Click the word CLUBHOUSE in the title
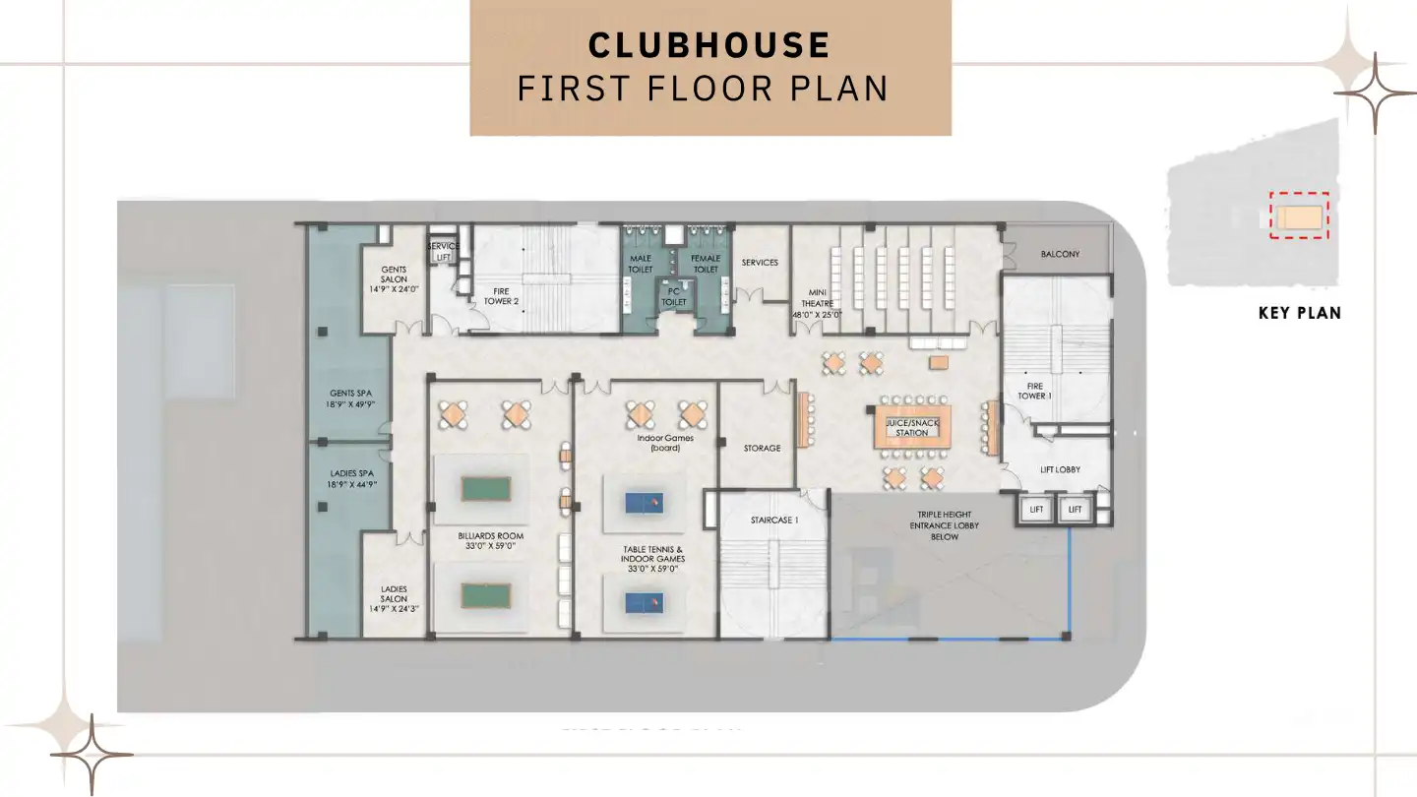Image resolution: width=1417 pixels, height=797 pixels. pos(708,45)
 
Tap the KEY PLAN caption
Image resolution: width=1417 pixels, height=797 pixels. pos(1299,314)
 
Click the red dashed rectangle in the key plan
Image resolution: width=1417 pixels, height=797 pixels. pos(1299,215)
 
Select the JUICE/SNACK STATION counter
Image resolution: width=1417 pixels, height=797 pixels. pos(912,427)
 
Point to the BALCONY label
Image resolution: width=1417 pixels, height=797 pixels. pos(1060,254)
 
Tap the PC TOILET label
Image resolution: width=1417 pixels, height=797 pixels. pos(674,296)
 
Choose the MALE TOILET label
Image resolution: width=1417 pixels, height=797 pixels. pos(641,264)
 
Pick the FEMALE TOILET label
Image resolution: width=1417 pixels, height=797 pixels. pos(706,264)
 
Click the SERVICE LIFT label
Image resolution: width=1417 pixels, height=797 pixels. pos(443,251)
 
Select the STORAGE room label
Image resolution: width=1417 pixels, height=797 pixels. pos(762,448)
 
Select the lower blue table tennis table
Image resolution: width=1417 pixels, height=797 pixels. pos(645,599)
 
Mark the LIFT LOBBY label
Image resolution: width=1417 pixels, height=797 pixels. pos(1060,469)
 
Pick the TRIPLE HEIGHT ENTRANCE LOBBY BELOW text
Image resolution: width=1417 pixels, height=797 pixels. pos(944,525)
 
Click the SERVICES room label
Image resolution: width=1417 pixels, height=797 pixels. pos(760,263)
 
